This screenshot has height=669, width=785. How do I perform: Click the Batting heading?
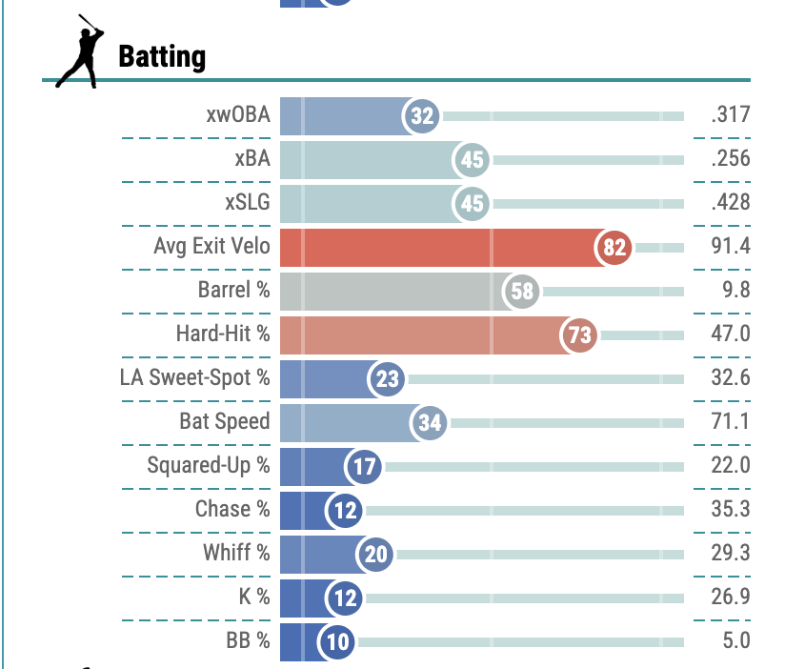[161, 57]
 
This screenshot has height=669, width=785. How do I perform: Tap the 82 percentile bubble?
[614, 248]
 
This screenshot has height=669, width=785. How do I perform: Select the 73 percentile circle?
[579, 334]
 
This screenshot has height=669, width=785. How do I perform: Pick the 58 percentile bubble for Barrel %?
[521, 292]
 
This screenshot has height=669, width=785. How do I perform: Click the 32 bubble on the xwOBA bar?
[422, 116]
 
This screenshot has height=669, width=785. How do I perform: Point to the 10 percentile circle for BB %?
[337, 641]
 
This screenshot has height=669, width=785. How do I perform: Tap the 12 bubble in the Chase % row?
[345, 511]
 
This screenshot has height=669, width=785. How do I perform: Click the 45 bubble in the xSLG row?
[472, 204]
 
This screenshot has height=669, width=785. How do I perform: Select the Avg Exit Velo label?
[211, 247]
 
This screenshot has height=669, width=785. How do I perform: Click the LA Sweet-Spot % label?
[194, 378]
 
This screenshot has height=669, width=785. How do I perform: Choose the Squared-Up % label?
[208, 466]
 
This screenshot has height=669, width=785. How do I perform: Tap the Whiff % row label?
[235, 554]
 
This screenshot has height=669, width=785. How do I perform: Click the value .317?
[730, 115]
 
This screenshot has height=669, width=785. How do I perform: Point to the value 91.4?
[731, 247]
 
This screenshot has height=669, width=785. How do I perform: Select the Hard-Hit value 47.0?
[731, 334]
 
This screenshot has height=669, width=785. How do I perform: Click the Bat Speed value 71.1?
[731, 422]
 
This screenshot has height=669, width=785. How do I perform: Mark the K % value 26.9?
[731, 598]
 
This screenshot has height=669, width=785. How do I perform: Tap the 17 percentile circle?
[364, 467]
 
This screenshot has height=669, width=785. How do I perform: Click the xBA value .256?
[730, 159]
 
